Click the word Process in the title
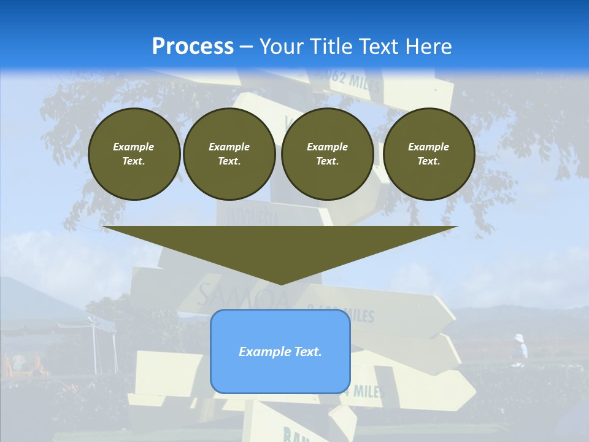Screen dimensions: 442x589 pos(193,47)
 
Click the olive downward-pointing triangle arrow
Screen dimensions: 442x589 pos(280,252)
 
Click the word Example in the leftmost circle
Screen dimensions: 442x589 pos(134,147)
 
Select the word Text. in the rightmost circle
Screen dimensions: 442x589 pos(428,161)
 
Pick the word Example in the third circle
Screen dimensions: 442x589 pos(327,147)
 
